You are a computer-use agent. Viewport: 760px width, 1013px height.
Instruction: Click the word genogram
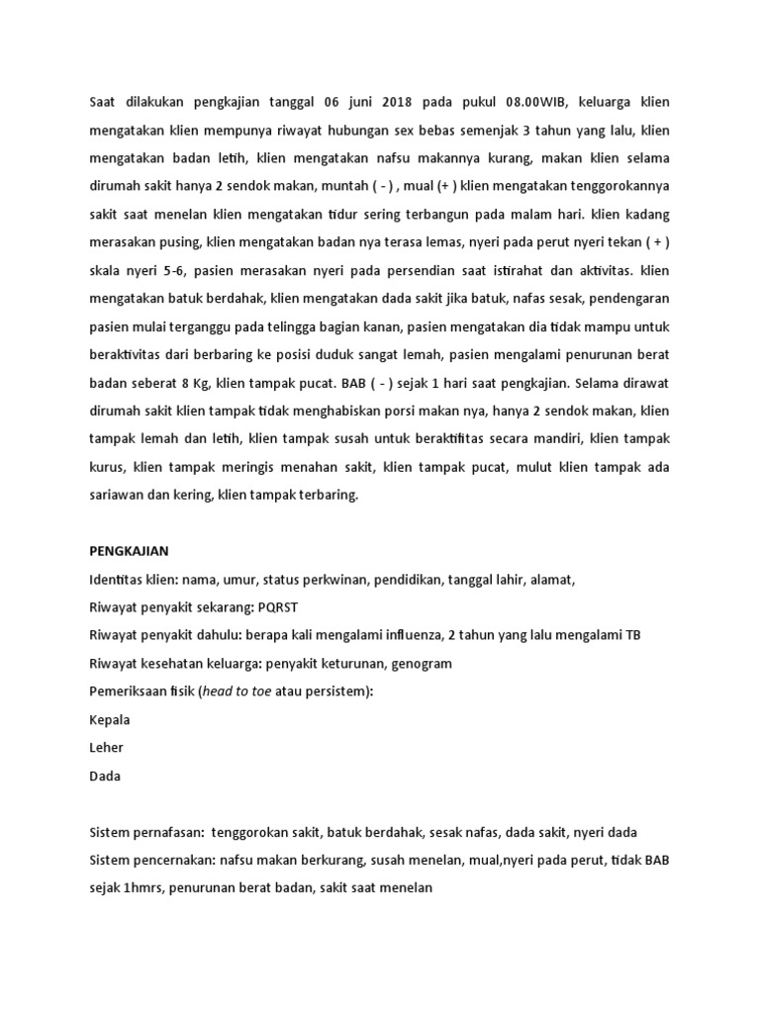(419, 664)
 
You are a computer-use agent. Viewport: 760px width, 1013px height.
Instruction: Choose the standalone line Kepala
(110, 720)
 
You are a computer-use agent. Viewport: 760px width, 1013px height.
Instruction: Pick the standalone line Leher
(107, 748)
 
